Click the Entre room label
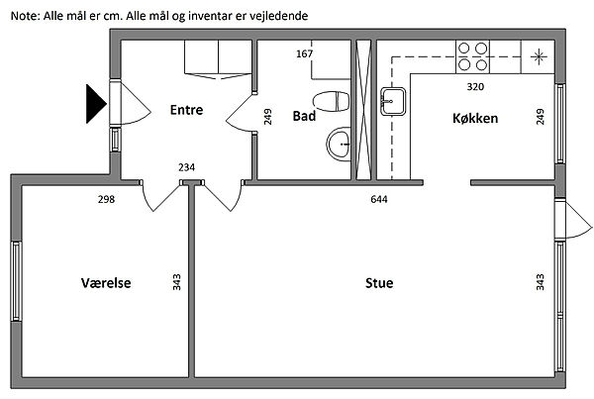pos(186,110)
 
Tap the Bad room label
pos(304,116)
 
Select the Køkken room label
pos(475,118)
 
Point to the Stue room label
pos(379,283)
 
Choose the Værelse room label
pos(106,283)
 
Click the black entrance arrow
pos(96,104)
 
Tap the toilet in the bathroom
pos(331,102)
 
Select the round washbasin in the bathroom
pos(339,144)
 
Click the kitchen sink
pos(393,101)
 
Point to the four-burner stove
pos(472,56)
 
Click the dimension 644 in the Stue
pos(379,199)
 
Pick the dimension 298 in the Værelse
pos(106,199)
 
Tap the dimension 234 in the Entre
pos(186,167)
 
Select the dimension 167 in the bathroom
pos(304,53)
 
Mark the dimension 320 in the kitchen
pos(475,87)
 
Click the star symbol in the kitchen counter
pos(539,56)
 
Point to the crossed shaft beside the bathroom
pos(363,110)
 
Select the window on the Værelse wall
pos(16,281)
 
